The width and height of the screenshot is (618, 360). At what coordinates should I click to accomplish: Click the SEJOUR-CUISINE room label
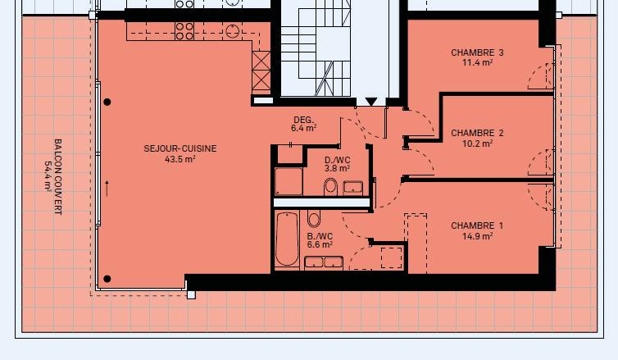180,148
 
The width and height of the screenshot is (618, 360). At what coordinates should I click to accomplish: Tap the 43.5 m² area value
180,159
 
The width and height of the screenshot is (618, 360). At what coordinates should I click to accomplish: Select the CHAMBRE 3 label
477,52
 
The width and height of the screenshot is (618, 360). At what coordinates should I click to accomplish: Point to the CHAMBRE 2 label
477,133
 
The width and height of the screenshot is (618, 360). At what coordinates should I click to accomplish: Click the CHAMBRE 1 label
477,226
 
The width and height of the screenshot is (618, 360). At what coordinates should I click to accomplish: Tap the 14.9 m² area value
477,236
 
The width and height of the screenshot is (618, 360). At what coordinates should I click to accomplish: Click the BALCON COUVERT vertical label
58,176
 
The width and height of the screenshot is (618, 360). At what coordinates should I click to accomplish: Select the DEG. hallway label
304,120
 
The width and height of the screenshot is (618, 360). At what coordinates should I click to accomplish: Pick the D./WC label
338,160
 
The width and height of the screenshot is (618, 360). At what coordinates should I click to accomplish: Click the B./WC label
320,236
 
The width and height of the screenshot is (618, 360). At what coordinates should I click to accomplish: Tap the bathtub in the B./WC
287,239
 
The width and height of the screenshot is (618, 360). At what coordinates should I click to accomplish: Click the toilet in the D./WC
330,187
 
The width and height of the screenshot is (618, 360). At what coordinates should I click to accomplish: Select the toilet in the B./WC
314,218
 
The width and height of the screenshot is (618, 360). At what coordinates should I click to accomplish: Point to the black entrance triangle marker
370,102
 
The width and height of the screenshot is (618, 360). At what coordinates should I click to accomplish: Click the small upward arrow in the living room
107,189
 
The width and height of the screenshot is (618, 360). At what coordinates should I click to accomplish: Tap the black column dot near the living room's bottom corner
107,279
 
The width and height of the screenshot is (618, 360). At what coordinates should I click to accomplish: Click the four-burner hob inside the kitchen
184,31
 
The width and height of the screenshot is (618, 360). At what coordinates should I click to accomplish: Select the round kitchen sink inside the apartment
233,31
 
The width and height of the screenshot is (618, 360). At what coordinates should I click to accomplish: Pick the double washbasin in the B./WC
324,262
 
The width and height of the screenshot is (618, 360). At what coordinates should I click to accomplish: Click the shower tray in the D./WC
289,181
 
